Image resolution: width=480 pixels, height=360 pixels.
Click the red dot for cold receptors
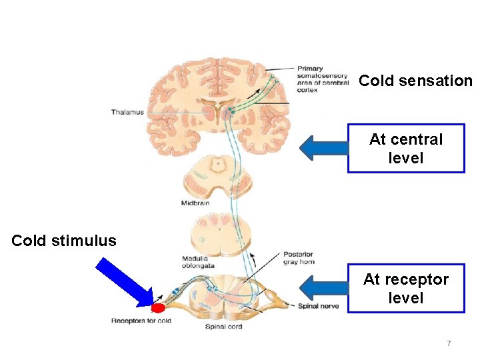[x=158, y=308]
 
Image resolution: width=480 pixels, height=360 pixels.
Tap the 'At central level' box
[x=405, y=148]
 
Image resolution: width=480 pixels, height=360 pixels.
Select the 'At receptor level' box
[x=405, y=288]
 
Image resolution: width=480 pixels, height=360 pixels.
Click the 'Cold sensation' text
[x=415, y=81]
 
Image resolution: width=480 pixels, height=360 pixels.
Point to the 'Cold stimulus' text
[x=64, y=241]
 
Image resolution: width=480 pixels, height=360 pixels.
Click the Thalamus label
[x=127, y=113]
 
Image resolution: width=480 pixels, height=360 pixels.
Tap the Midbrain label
[x=196, y=203]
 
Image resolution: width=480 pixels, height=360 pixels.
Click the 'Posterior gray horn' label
[x=297, y=258]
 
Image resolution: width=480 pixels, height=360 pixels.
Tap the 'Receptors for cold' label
[x=141, y=321]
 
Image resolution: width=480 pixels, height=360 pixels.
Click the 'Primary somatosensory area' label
[x=323, y=79]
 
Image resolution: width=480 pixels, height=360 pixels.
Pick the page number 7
[x=449, y=343]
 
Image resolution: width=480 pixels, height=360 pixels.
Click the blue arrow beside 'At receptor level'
[x=323, y=288]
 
